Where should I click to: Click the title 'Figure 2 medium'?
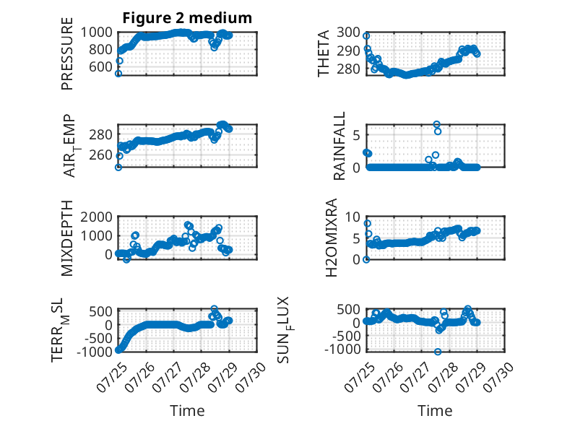coord(187,18)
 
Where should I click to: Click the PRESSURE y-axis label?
coord(67,53)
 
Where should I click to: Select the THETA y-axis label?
coord(324,53)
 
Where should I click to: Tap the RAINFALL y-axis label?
coord(339,146)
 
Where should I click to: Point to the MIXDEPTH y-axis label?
coord(67,238)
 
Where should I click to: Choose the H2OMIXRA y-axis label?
coord(332,238)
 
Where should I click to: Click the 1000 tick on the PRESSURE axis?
coord(96,32)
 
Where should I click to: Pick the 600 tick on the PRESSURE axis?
coord(100,66)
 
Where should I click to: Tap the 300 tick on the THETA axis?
coord(348,32)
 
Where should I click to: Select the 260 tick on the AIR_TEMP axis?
coord(100,155)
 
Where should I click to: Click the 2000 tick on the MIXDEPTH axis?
coord(96,217)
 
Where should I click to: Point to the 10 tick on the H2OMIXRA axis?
coord(353,217)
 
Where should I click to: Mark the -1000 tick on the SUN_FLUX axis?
coord(342,349)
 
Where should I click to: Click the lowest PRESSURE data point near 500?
coord(118,74)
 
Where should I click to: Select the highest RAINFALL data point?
coord(436,124)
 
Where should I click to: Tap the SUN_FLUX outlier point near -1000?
coord(438,352)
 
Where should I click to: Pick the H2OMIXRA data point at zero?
coord(366,259)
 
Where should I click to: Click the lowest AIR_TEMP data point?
coord(118,168)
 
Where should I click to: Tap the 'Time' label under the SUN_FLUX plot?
coord(435,411)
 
